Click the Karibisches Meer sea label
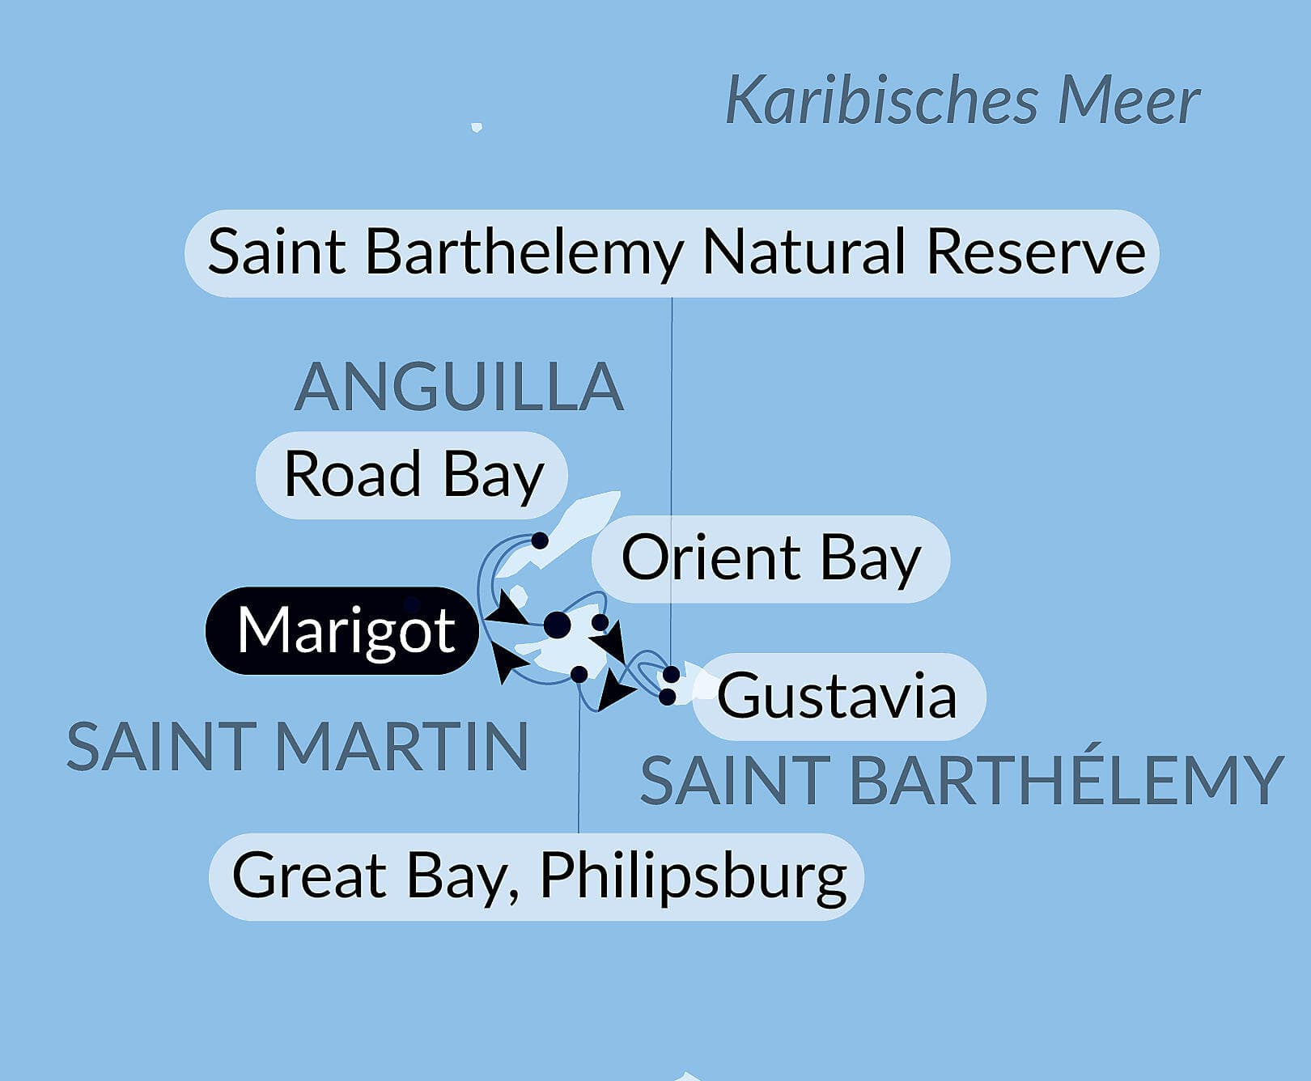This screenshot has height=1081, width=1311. [x=961, y=100]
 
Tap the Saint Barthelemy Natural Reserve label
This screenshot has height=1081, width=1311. [x=672, y=253]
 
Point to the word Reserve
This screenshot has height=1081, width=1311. [x=1035, y=252]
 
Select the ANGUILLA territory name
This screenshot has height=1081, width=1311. [x=458, y=387]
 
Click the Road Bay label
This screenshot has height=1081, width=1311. [x=412, y=475]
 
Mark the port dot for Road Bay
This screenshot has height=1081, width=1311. [x=540, y=540]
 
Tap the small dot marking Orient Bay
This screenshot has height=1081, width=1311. [x=600, y=622]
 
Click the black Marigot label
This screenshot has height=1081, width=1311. [x=343, y=630]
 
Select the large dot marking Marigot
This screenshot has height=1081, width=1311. [x=557, y=625]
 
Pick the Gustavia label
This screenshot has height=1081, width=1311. [x=838, y=697]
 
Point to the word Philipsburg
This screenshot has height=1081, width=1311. [x=693, y=876]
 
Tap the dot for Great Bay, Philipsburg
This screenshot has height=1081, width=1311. [x=579, y=674]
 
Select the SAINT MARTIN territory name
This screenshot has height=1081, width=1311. [x=297, y=747]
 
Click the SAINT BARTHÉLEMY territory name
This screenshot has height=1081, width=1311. [x=961, y=781]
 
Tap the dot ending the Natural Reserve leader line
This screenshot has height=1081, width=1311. [x=671, y=675]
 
